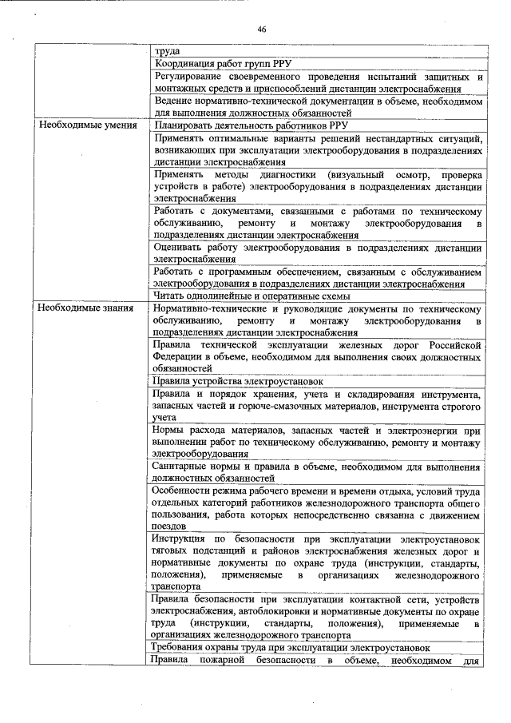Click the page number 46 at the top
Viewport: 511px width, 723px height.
[261, 29]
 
